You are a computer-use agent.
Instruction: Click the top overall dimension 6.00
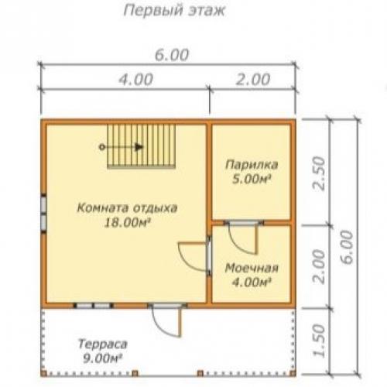[x=171, y=55]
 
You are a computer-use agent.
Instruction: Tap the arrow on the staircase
[x=136, y=146]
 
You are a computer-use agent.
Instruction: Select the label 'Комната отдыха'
[x=128, y=207]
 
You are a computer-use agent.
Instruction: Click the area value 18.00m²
[x=128, y=222]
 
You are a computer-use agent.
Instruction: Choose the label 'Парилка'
[x=252, y=165]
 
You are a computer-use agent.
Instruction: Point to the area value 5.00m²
[x=252, y=179]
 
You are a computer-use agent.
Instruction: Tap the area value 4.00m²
[x=252, y=283]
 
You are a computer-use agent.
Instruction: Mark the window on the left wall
[x=44, y=209]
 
